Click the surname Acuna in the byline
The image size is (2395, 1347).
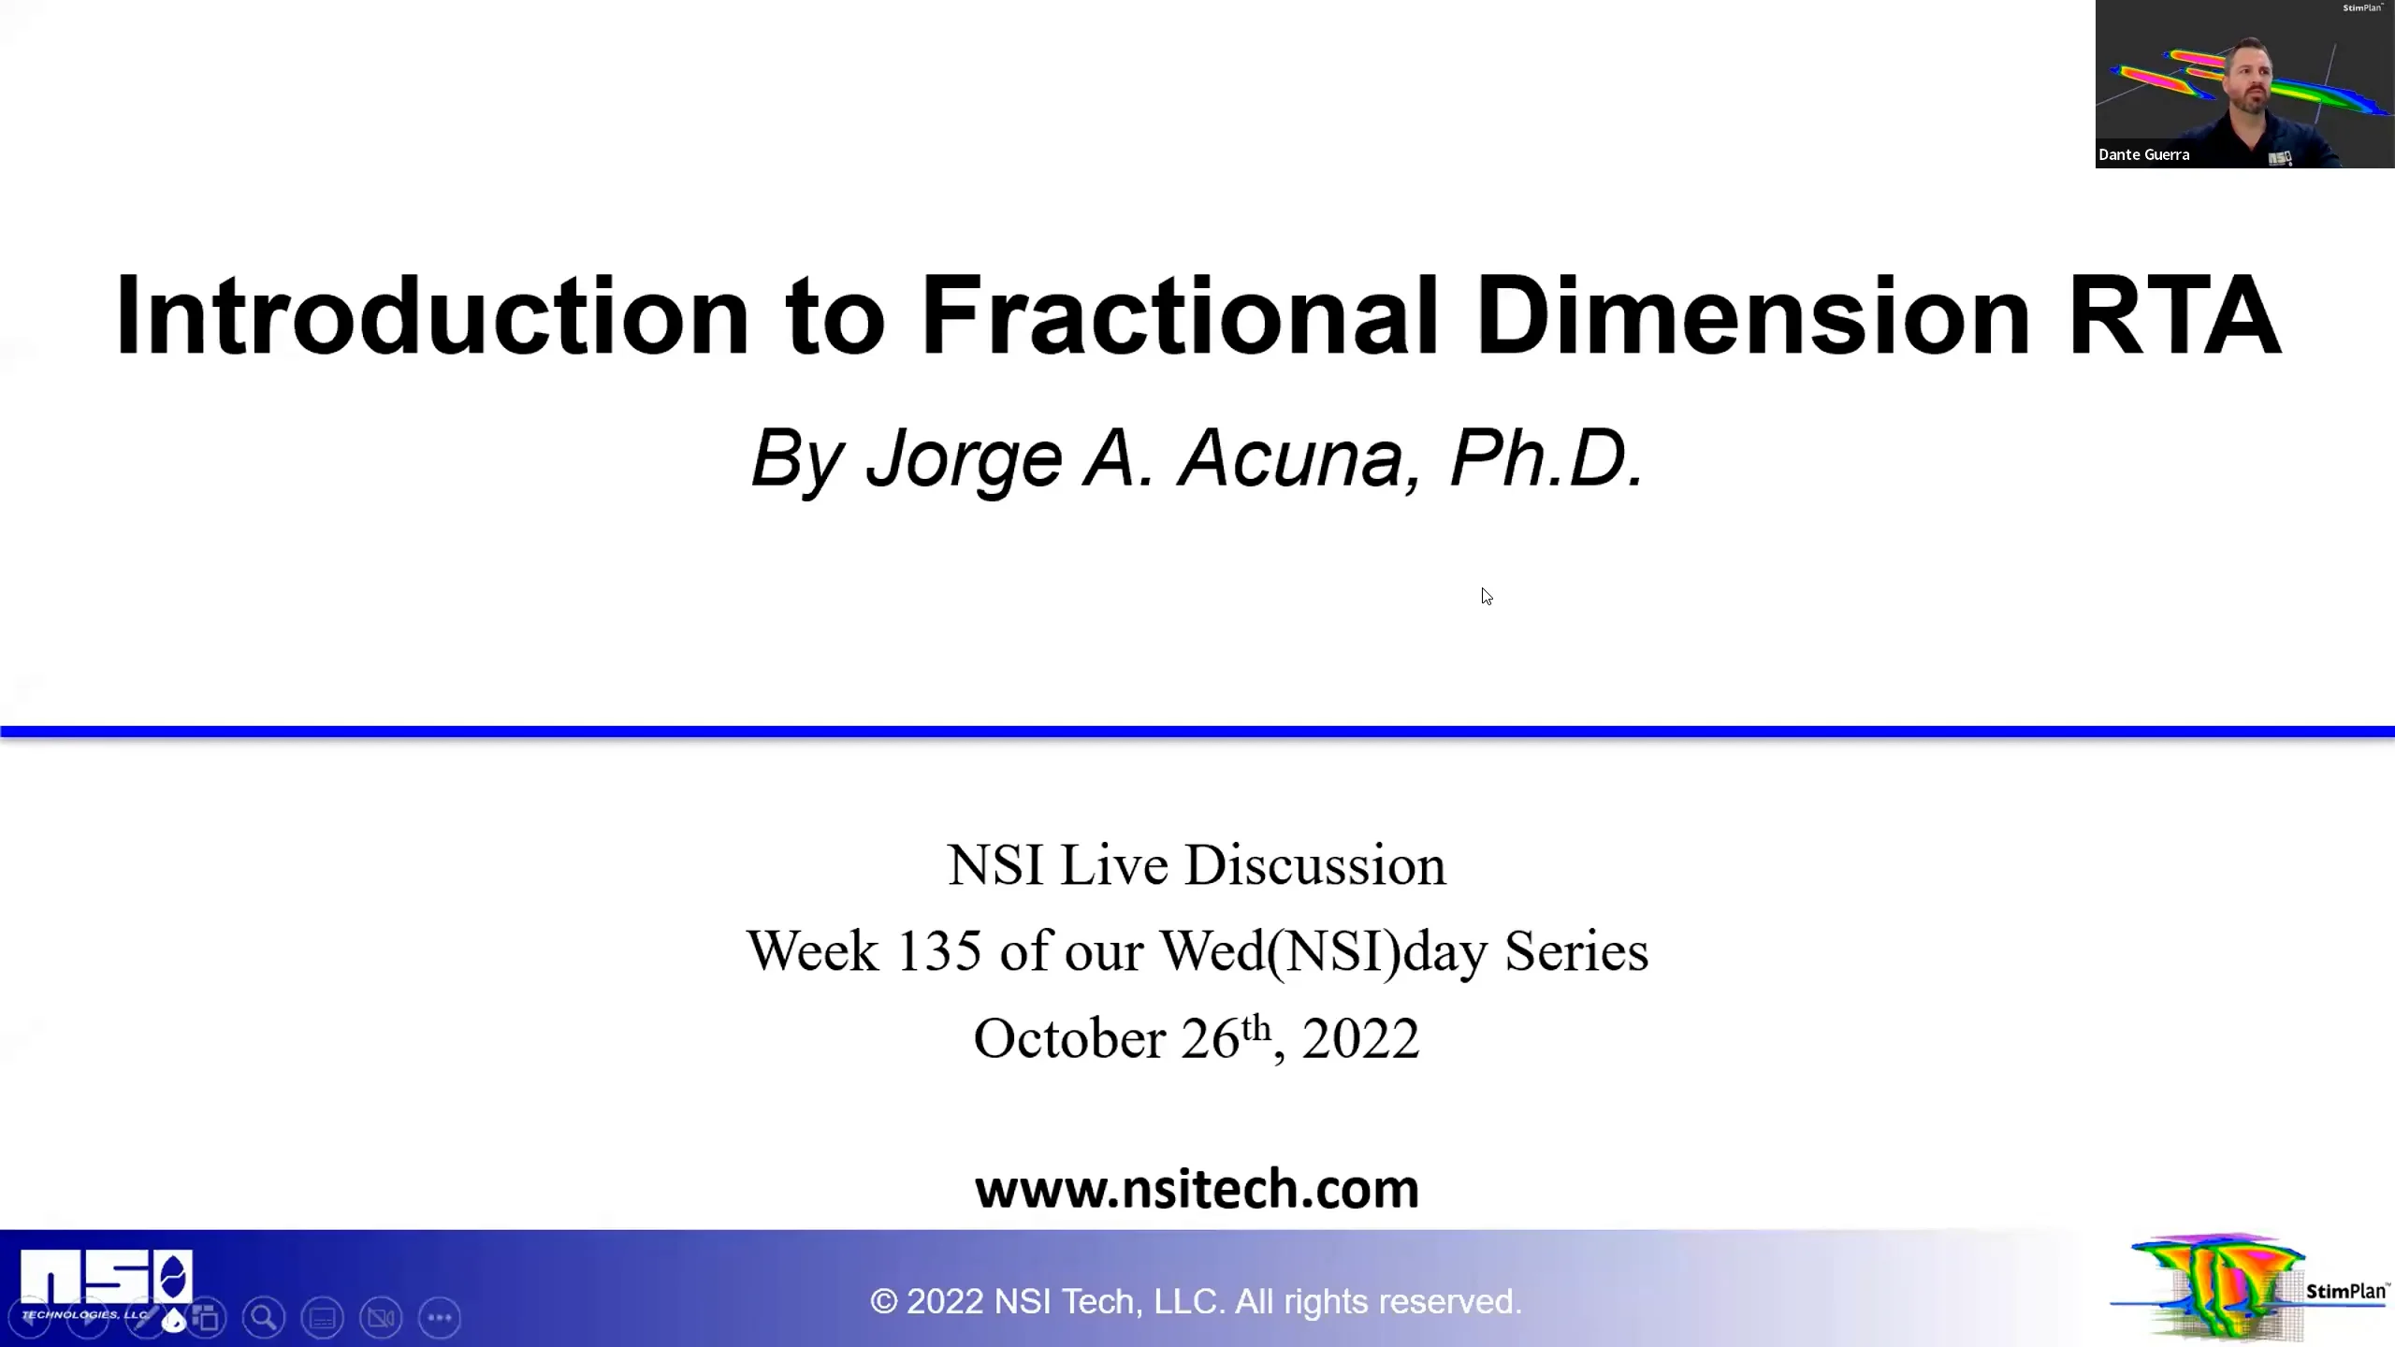(x=1291, y=458)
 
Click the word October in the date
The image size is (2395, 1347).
(x=1070, y=1038)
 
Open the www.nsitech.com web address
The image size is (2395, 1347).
(x=1197, y=1189)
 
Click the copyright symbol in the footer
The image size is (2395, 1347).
(x=883, y=1301)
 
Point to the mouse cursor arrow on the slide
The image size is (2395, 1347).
(x=1486, y=595)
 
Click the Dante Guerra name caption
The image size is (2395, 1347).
(x=2143, y=155)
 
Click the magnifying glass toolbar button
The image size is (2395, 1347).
(x=264, y=1318)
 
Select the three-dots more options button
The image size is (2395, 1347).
(x=440, y=1318)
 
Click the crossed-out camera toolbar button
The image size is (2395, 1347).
(x=381, y=1318)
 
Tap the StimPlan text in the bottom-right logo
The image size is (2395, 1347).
(x=2344, y=1292)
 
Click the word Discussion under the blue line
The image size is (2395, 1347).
(x=1315, y=865)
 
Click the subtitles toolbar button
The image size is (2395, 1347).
(x=323, y=1318)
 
